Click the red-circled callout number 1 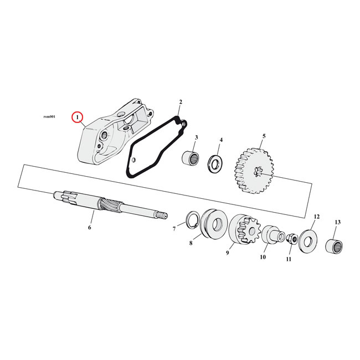pyautogui.click(x=78, y=117)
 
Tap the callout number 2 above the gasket pyautogui.click(x=180, y=102)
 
